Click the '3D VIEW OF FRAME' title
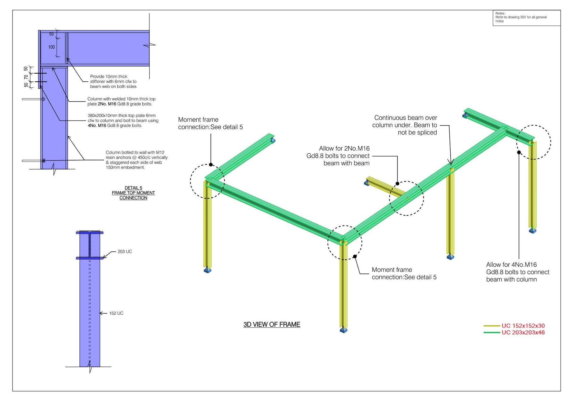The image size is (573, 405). point(272,324)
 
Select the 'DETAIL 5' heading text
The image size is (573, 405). point(133,188)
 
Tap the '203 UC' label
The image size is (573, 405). point(125,252)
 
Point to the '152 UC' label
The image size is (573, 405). point(116,313)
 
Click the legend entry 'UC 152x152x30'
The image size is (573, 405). point(523,326)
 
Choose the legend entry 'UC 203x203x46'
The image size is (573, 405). point(523,333)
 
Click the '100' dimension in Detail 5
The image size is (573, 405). point(52,47)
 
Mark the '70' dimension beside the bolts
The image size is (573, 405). point(26,77)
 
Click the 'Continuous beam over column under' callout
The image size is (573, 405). point(404,125)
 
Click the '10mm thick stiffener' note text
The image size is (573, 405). point(113,81)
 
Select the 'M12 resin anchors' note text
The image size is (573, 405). point(136,160)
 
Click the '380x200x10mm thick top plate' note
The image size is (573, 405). point(123,120)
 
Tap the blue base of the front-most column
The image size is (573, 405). point(344,330)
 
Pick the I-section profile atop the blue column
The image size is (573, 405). point(90,245)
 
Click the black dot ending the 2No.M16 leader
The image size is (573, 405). point(397,184)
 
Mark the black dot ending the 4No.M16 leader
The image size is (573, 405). point(519,152)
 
